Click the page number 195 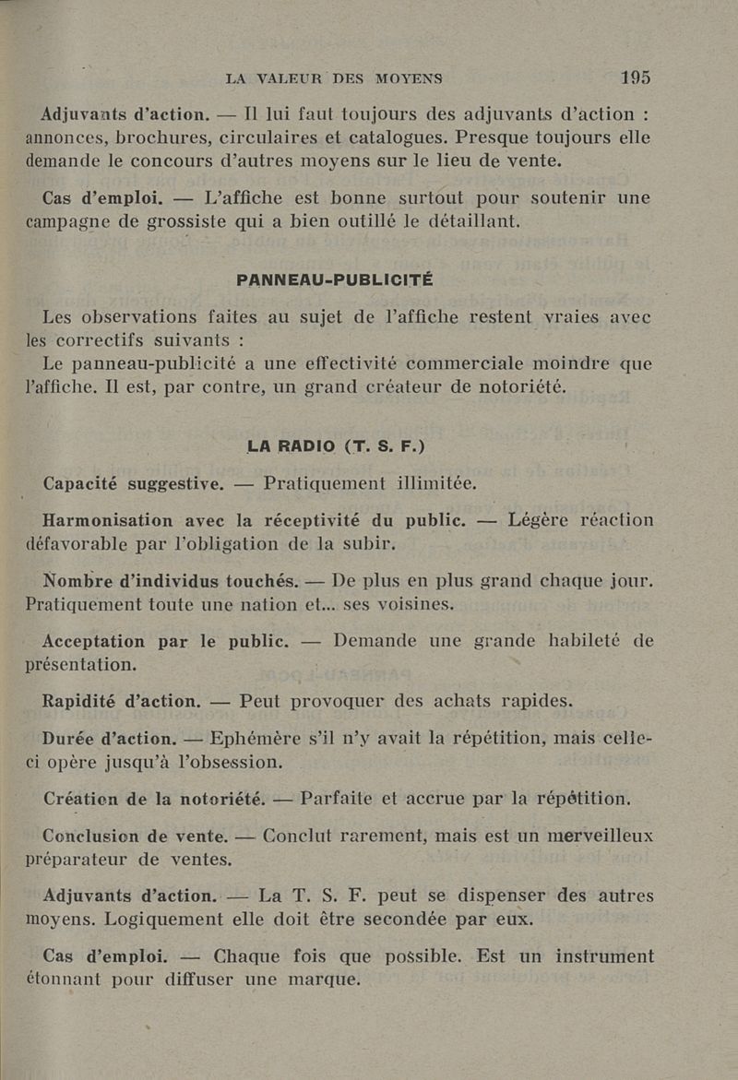point(636,78)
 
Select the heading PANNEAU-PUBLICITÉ point(336,279)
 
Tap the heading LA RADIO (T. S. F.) point(336,448)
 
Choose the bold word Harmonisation point(112,520)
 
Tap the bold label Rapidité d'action point(122,700)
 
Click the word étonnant point(72,979)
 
